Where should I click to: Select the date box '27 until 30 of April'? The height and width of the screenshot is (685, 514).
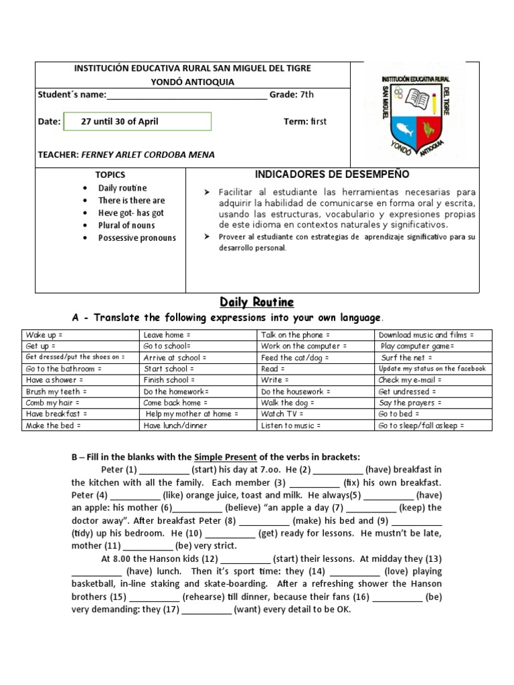(137, 121)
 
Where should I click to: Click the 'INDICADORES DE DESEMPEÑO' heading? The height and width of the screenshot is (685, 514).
(332, 175)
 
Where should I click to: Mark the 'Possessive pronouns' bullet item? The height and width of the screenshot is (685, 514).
(137, 237)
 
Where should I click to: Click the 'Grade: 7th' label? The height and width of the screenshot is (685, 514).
(291, 94)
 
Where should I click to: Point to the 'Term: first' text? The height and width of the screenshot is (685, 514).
(305, 121)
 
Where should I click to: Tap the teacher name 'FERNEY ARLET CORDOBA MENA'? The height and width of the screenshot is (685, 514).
(148, 155)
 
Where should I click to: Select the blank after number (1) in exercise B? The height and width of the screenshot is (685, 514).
(165, 470)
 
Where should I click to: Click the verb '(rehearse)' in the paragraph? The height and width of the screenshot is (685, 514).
(205, 596)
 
